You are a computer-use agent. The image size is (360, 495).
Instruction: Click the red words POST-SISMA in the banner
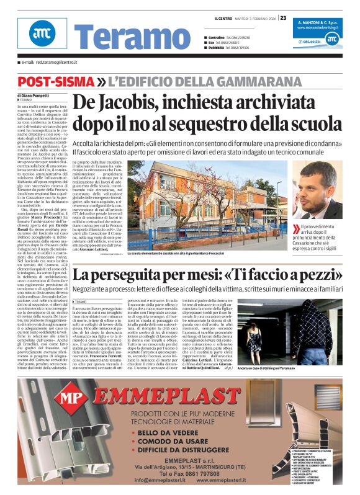tap(55, 82)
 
